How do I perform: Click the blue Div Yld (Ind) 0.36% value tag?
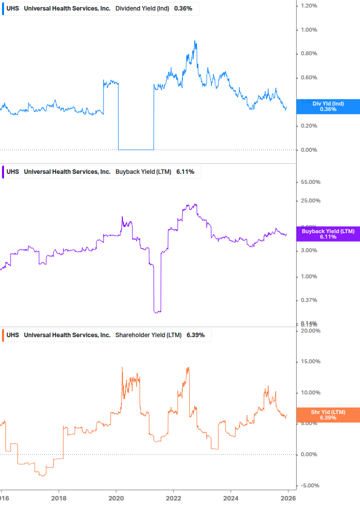328,107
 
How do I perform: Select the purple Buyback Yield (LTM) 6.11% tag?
328,234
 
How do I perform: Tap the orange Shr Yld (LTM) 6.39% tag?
328,415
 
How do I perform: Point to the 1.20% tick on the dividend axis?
309,6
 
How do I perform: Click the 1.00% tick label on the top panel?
309,30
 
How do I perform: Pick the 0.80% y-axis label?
309,54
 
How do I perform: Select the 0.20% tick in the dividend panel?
309,126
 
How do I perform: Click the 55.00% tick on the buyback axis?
310,182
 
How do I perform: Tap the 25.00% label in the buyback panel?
310,201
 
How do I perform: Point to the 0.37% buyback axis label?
309,300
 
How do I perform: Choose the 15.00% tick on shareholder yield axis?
310,362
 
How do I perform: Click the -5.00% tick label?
310,485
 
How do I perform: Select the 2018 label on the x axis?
59,498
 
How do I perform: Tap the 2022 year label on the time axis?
173,498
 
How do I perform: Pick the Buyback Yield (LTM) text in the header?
143,172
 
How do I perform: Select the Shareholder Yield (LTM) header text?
149,335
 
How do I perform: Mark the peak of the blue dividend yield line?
195,41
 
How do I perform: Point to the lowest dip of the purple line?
157,312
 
